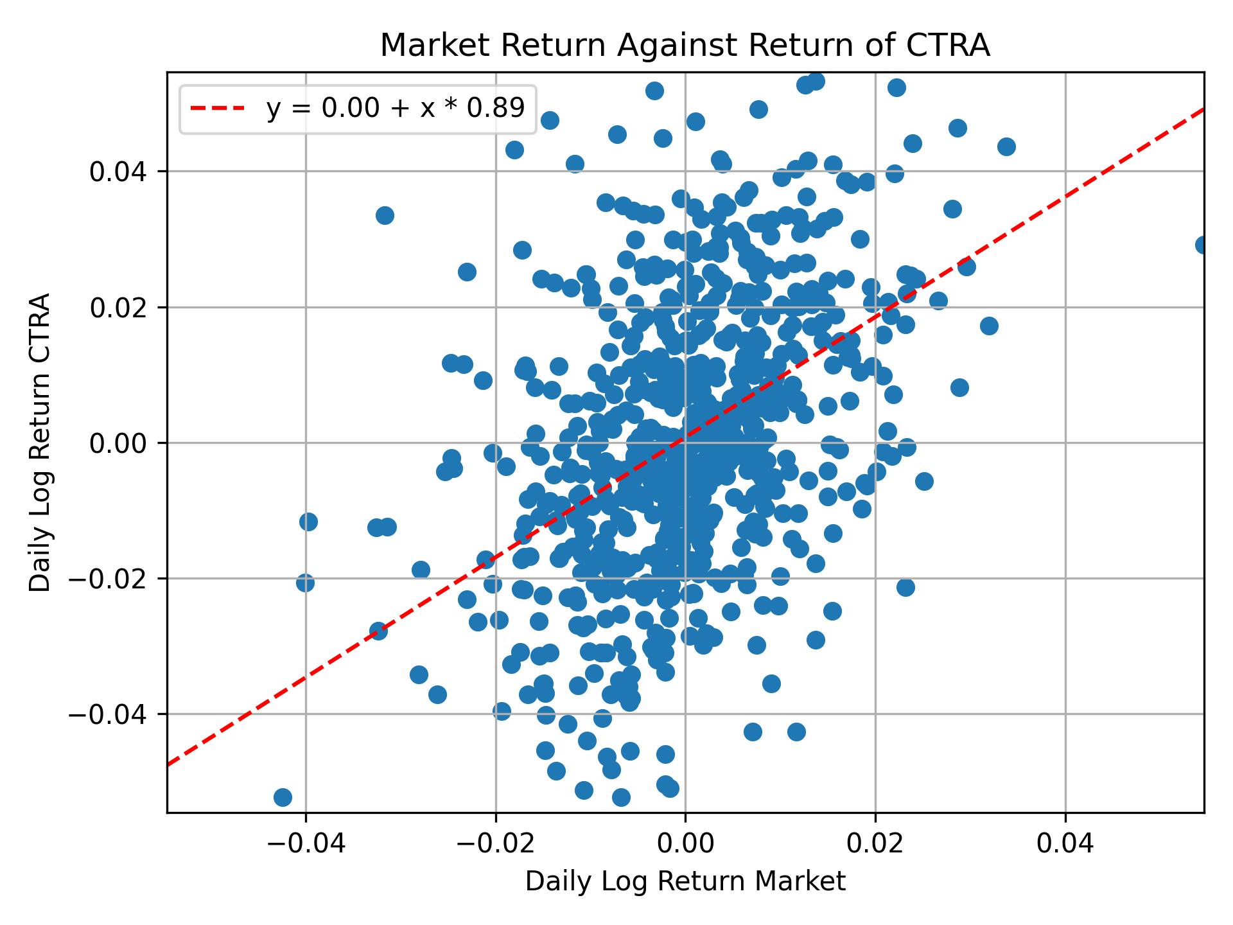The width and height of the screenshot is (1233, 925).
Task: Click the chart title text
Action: (685, 46)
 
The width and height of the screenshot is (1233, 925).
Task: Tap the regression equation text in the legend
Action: (396, 109)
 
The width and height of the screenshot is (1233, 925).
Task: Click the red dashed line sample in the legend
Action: (217, 109)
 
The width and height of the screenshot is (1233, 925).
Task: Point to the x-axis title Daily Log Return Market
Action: (685, 882)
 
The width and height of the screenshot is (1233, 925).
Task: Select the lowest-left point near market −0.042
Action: (283, 797)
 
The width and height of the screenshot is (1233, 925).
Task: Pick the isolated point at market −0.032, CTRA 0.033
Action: (385, 215)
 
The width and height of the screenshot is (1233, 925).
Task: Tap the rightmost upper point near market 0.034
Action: (1006, 146)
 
